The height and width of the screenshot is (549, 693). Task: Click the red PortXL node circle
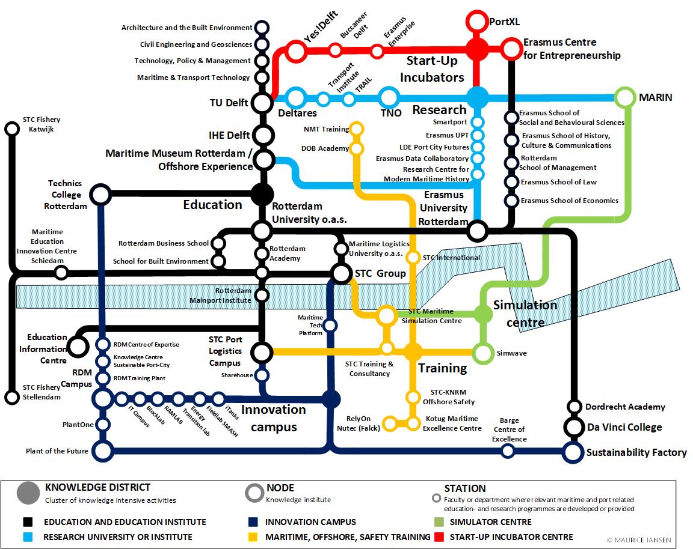click(478, 21)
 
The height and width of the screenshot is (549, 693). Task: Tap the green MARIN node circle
click(625, 97)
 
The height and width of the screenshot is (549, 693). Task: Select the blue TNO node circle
click(389, 97)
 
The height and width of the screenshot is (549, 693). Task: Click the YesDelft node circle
click(295, 52)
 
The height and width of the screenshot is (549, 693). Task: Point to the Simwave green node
click(482, 353)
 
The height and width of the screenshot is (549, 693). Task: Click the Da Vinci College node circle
click(574, 428)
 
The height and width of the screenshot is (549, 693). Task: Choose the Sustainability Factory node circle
click(574, 452)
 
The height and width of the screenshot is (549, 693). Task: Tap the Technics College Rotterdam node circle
click(100, 195)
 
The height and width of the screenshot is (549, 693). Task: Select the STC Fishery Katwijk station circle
click(11, 129)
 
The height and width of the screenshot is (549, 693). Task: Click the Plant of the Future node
click(103, 451)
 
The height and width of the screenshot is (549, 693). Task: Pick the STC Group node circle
click(341, 274)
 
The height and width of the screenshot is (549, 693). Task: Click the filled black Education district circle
click(262, 194)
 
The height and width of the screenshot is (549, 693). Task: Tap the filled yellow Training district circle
click(413, 351)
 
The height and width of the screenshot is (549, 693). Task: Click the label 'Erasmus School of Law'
click(559, 182)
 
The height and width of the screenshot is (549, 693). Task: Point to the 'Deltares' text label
click(298, 113)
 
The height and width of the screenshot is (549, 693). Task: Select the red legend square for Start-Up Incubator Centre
click(437, 537)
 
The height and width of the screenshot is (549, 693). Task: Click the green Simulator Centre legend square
click(437, 522)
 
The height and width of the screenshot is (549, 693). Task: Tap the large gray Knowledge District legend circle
click(28, 493)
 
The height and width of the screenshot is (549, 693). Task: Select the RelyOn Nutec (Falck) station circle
click(389, 423)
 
